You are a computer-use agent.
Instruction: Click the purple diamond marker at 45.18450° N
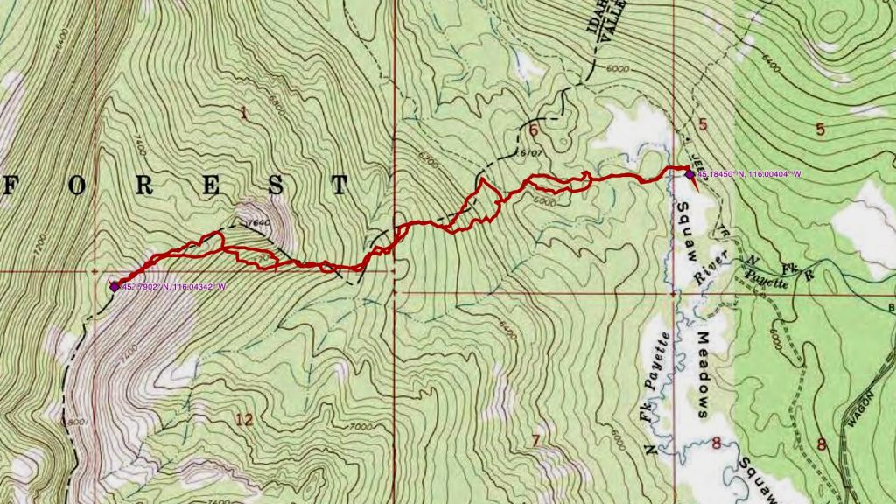[x=689, y=174]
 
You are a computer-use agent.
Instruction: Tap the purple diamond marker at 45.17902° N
[x=114, y=285]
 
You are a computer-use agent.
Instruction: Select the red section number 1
[x=243, y=111]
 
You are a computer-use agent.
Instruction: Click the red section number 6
[x=533, y=131]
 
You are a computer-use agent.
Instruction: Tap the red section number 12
[x=244, y=419]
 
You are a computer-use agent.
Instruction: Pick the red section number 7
[x=535, y=439]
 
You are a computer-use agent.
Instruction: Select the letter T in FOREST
[x=339, y=185]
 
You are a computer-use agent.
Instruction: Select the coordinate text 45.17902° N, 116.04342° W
[x=174, y=286]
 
